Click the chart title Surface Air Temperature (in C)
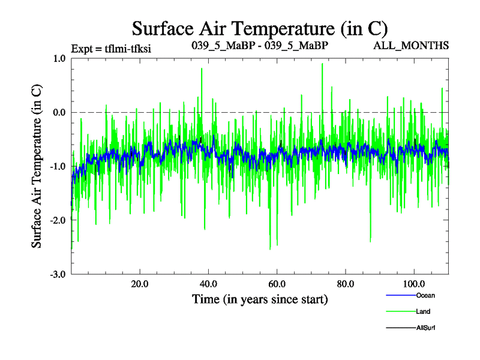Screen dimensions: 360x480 pyautogui.click(x=259, y=28)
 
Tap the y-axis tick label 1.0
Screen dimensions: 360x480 pyautogui.click(x=58, y=59)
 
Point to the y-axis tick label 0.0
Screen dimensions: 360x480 pyautogui.click(x=58, y=112)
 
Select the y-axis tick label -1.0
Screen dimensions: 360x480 pyautogui.click(x=57, y=166)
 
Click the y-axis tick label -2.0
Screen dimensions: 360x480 pyautogui.click(x=57, y=220)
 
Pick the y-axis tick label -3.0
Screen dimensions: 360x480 pyautogui.click(x=57, y=274)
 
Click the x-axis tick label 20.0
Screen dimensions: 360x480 pyautogui.click(x=140, y=284)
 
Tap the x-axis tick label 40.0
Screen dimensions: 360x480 pyautogui.click(x=208, y=284)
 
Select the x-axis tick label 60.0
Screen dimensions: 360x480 pyautogui.click(x=277, y=284)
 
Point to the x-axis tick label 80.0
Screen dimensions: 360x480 pyautogui.click(x=345, y=284)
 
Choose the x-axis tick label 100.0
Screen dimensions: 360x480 pyautogui.click(x=413, y=284)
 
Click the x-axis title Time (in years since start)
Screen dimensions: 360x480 pyautogui.click(x=259, y=299)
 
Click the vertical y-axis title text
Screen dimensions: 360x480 pyautogui.click(x=37, y=166)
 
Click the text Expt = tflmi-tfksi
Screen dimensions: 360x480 pyautogui.click(x=110, y=49)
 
